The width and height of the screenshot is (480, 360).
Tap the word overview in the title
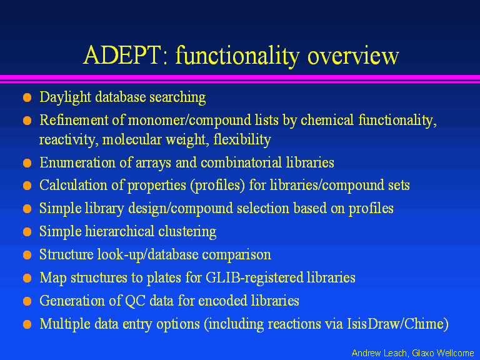coord(353,56)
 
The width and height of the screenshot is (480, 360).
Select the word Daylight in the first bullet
coord(65,97)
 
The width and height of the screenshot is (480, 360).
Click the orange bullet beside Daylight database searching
coord(27,97)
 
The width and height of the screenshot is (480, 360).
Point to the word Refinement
coord(74,120)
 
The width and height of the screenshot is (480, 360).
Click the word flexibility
coord(242,140)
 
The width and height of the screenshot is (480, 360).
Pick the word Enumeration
coord(77,162)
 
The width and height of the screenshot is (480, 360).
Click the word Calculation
coord(73,185)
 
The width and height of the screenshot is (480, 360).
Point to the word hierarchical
coord(119,231)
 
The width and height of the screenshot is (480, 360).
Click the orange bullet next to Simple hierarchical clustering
coord(27,232)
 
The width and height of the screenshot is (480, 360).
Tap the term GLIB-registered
coord(254,277)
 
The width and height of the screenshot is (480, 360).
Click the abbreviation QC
coord(135,301)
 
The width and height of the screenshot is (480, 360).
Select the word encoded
coord(223,300)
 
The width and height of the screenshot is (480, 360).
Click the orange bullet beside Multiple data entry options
coord(27,324)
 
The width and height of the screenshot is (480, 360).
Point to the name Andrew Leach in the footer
coord(379,353)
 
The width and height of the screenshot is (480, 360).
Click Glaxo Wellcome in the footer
coord(443,353)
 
